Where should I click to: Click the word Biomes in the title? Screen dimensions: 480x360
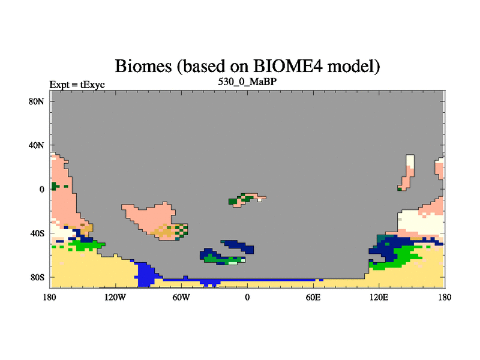(143, 66)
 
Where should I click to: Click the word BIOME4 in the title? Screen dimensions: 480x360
(288, 66)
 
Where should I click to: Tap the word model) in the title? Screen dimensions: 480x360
(353, 67)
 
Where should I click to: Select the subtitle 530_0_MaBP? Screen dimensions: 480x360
(247, 82)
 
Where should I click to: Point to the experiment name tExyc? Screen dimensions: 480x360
(92, 85)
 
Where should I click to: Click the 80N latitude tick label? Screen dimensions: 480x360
(37, 101)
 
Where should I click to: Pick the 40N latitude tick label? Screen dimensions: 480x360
(37, 145)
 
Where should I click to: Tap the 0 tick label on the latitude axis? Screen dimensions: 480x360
(41, 190)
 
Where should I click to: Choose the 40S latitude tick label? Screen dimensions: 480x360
(37, 233)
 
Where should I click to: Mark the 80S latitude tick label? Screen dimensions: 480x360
(37, 277)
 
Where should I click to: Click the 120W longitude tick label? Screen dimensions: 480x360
(115, 297)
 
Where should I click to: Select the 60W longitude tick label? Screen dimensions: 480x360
(181, 297)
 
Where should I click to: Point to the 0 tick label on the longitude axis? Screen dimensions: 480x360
(247, 297)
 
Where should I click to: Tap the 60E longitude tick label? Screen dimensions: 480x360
(313, 297)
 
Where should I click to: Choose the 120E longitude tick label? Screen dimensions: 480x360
(379, 297)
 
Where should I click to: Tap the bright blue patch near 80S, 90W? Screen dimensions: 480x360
(145, 274)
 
